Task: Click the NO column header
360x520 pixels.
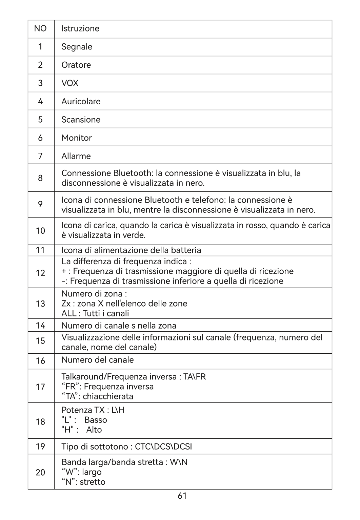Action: [40, 28]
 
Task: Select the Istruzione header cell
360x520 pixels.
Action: [80, 28]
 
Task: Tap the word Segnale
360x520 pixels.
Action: [77, 47]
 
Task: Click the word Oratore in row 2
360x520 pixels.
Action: [76, 65]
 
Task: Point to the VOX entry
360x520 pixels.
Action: [70, 83]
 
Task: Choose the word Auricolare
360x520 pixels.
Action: [81, 101]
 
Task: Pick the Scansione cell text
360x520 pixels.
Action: [81, 120]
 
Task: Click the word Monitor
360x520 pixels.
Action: [76, 138]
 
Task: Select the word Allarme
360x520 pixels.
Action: [76, 156]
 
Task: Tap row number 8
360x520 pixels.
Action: [40, 178]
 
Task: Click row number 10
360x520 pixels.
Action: [40, 231]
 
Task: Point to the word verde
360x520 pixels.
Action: [135, 235]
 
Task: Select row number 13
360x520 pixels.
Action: [40, 304]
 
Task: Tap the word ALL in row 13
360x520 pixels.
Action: [69, 313]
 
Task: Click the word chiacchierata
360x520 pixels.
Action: [108, 396]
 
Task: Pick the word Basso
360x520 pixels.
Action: [96, 420]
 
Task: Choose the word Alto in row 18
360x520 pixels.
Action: [94, 430]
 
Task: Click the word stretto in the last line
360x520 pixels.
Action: [92, 482]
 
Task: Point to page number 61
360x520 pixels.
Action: [182, 496]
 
